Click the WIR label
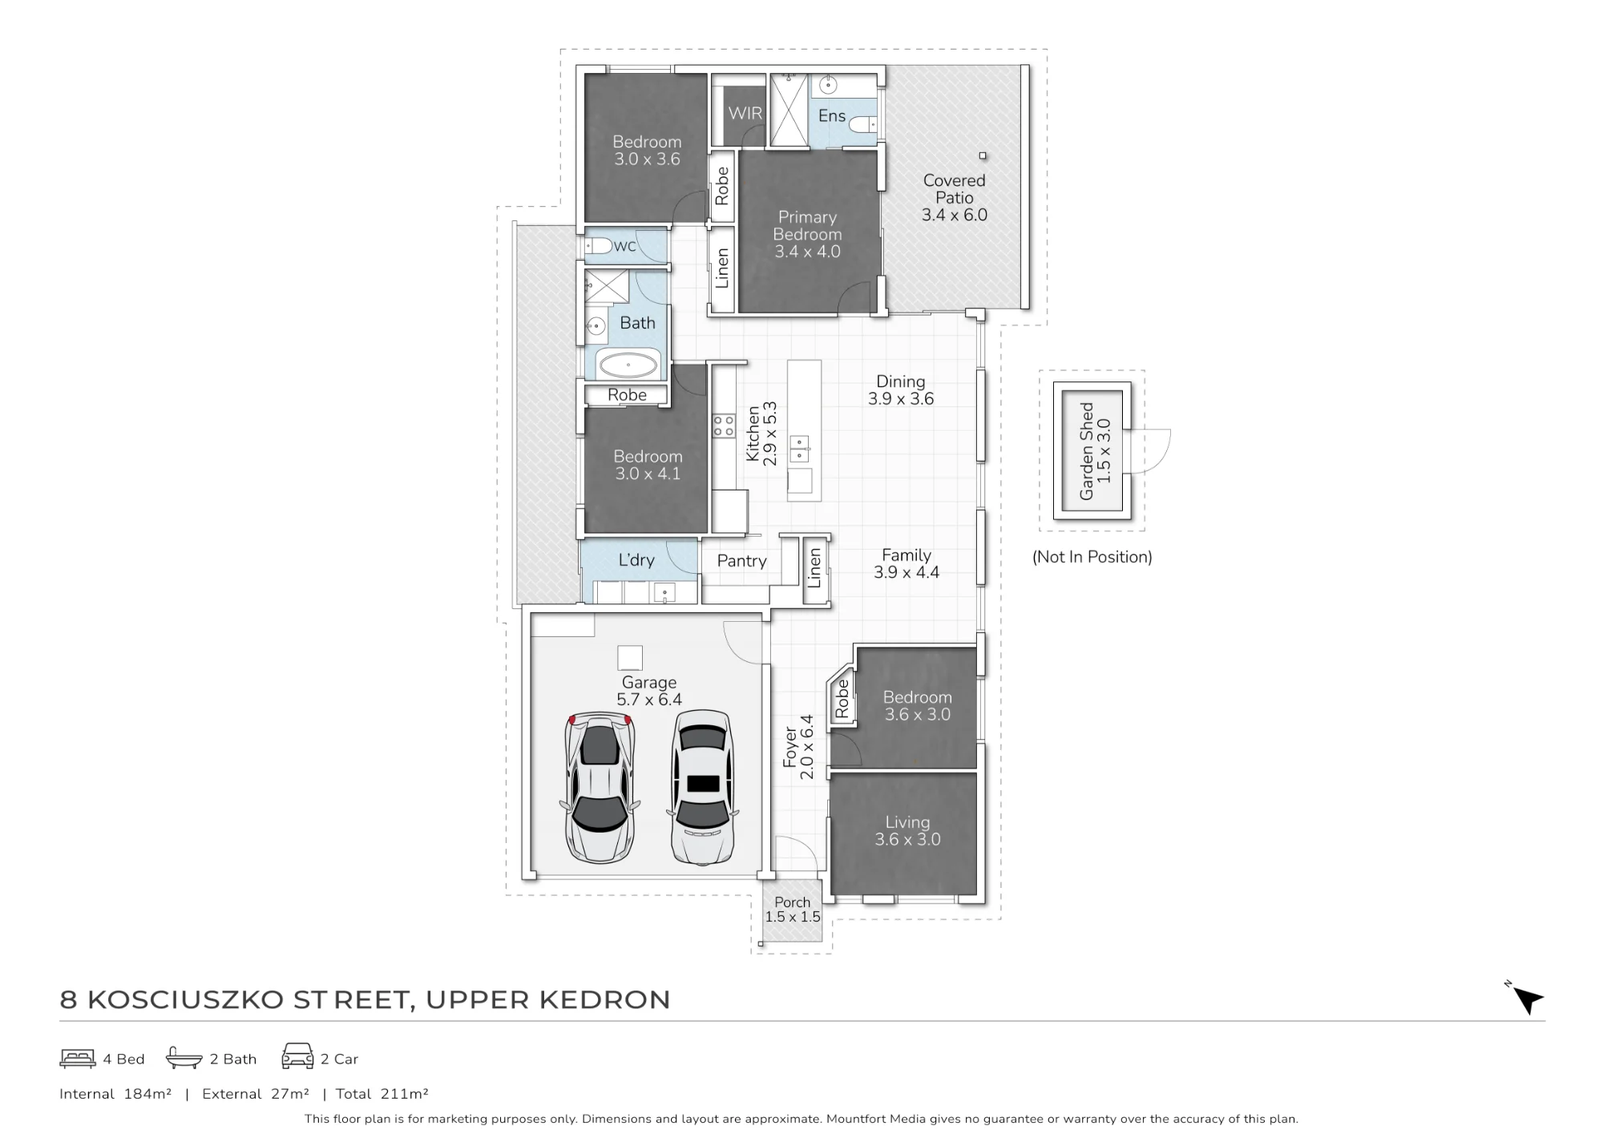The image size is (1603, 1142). coord(745,113)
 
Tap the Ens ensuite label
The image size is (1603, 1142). coord(832,116)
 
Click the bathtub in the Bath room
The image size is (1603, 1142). coord(628,365)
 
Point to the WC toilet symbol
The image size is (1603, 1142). coord(599,245)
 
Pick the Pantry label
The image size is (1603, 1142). coord(742,561)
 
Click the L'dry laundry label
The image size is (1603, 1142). coord(636,560)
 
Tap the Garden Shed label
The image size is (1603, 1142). coord(1087,451)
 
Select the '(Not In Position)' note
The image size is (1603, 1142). coord(1092,557)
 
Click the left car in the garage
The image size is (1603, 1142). coord(600,787)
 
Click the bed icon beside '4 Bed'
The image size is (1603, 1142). coord(78,1059)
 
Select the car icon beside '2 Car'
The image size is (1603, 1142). coord(297,1056)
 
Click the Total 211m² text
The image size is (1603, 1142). coord(382,1094)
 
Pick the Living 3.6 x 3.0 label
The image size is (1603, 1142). coord(907,831)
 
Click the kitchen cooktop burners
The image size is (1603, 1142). coord(725,426)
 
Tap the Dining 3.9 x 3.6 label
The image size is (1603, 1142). coord(901,390)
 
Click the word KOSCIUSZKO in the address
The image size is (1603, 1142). coord(186,1000)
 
